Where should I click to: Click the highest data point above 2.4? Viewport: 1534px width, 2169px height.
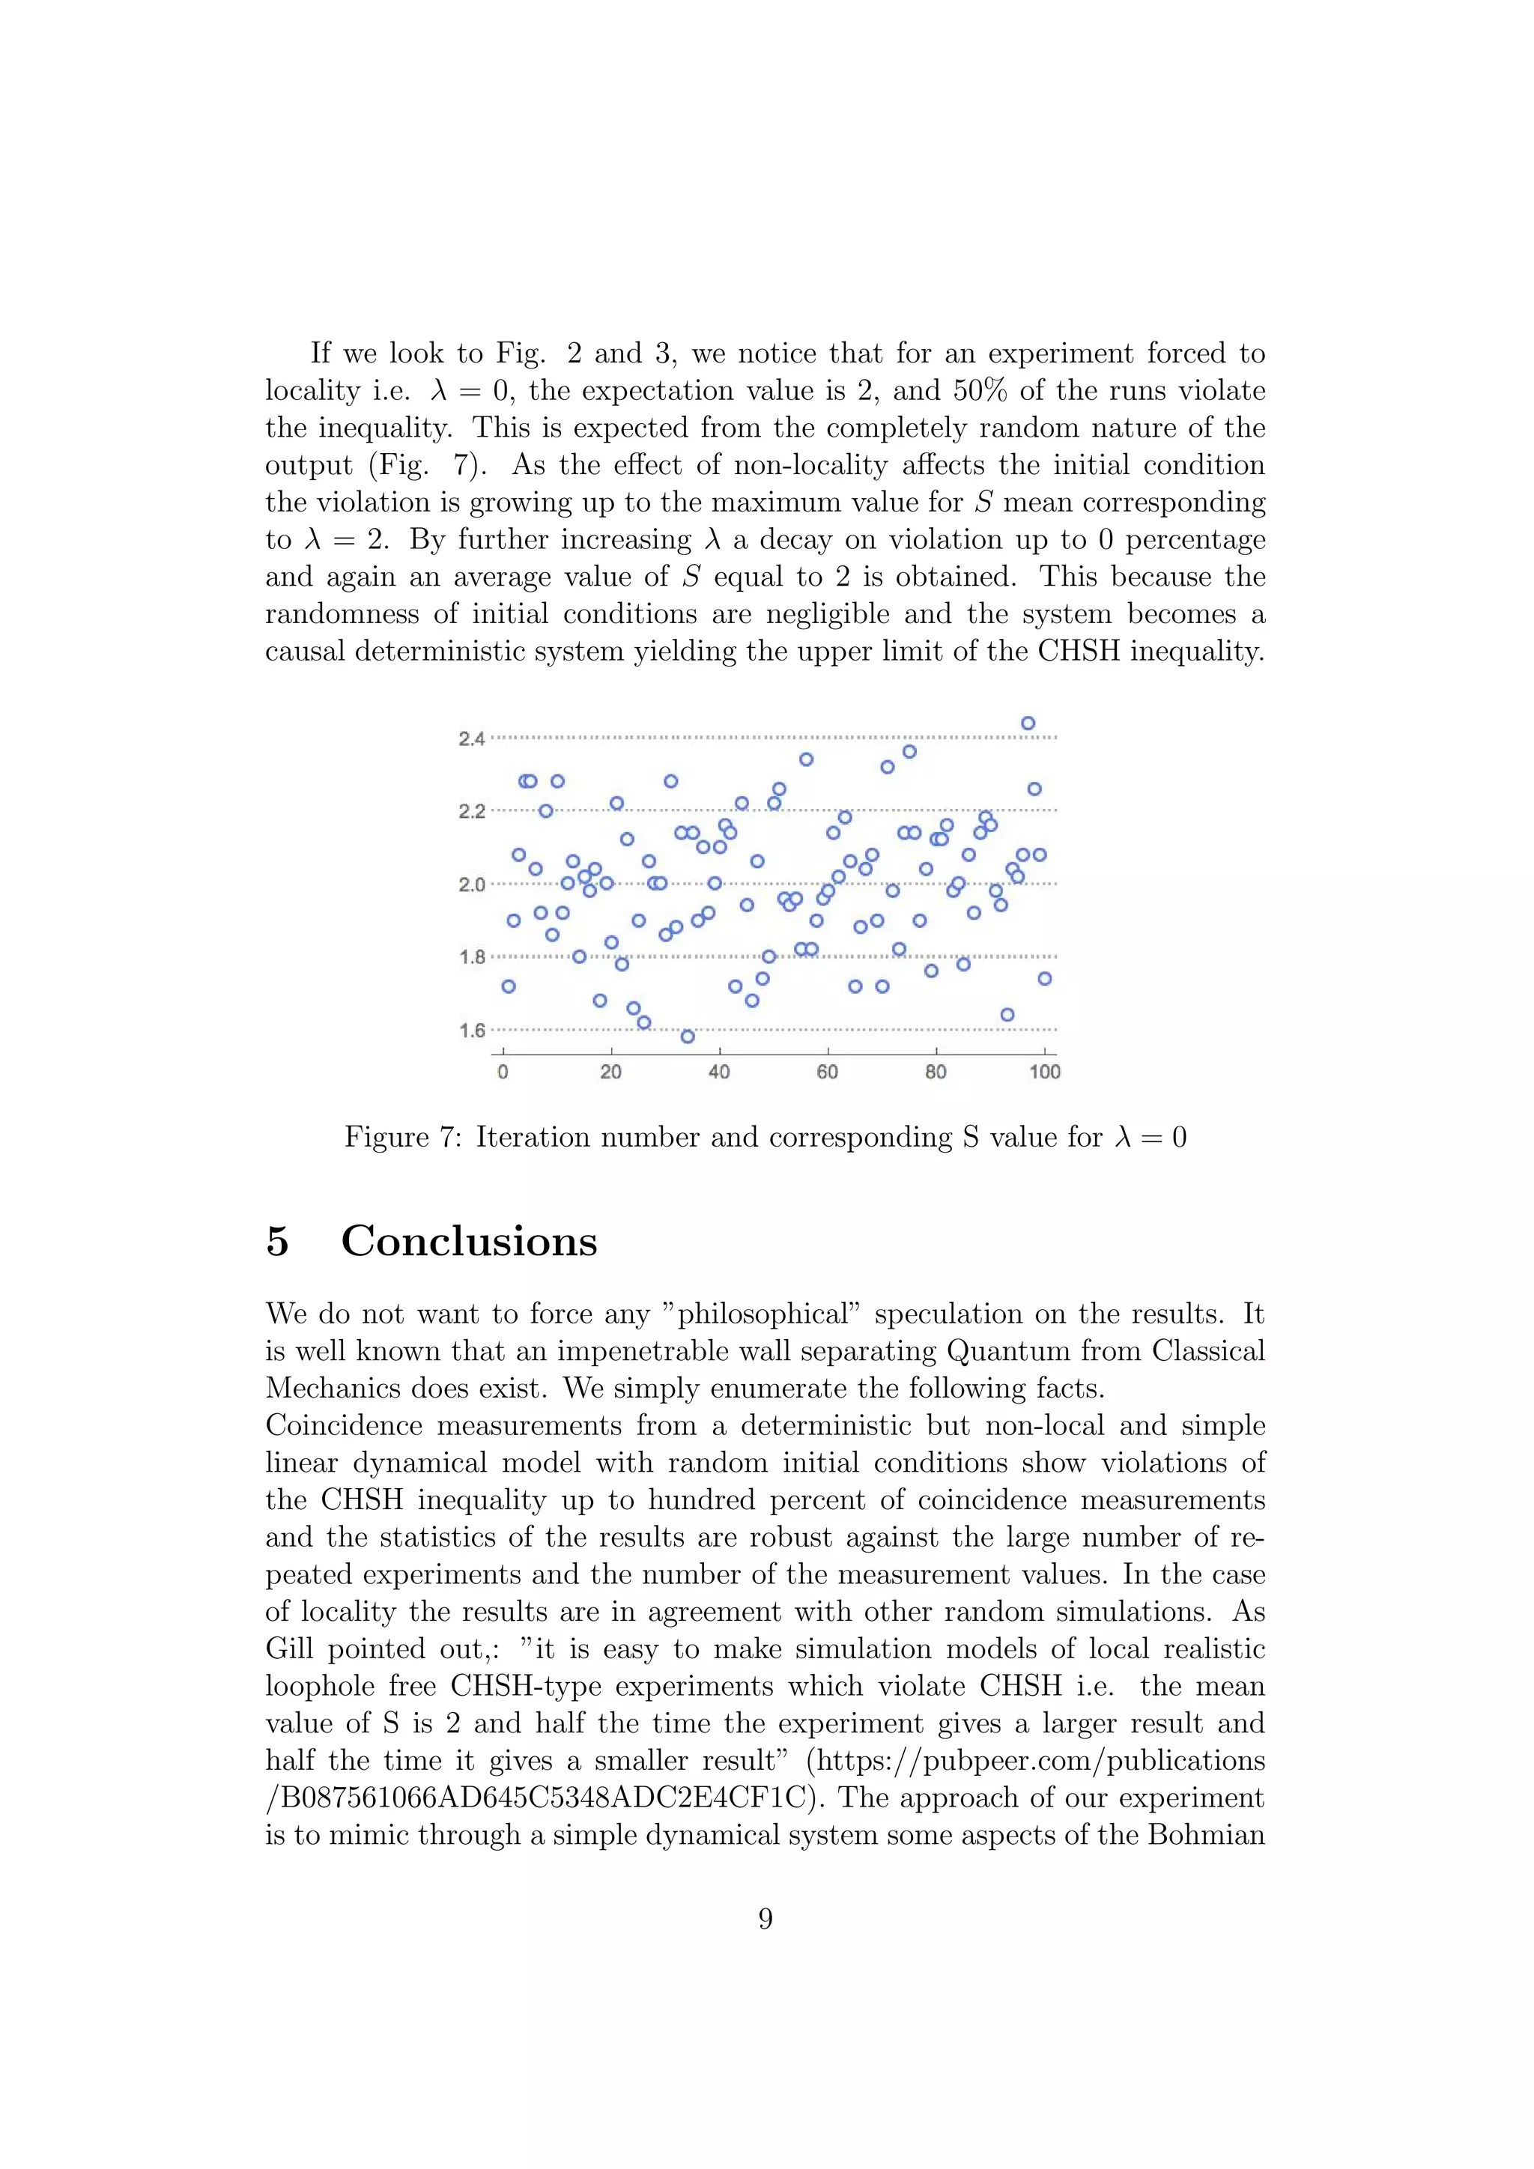(x=1028, y=723)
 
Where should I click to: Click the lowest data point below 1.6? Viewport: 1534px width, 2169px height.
(x=688, y=1037)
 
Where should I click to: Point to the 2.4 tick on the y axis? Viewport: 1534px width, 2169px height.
(x=471, y=738)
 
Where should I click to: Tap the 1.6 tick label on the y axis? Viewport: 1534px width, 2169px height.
(x=471, y=1031)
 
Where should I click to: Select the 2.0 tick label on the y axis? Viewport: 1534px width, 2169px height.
(x=471, y=885)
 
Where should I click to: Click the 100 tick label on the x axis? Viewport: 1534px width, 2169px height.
(x=1045, y=1073)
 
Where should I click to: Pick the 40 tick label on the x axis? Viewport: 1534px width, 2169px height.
(x=719, y=1073)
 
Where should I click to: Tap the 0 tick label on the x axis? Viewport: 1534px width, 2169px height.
(x=503, y=1073)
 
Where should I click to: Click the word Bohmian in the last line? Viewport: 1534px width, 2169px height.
(x=1206, y=1834)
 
